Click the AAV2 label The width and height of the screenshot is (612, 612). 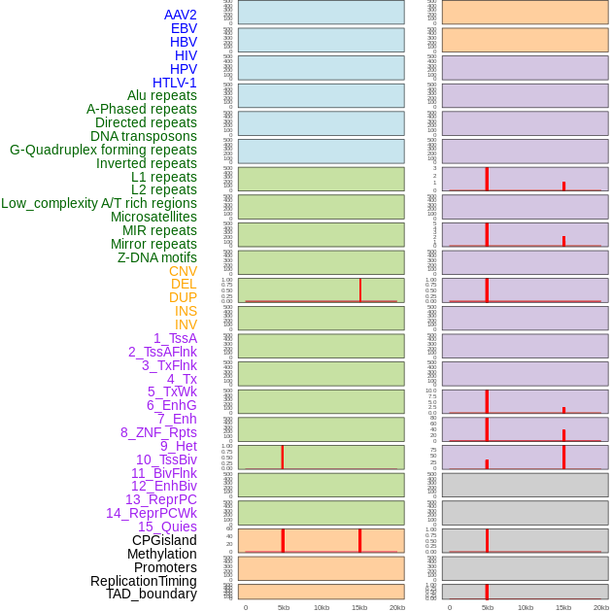point(180,15)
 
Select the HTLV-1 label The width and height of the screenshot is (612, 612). point(174,83)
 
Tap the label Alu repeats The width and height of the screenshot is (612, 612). point(161,95)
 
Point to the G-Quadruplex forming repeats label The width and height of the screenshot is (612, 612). point(103,150)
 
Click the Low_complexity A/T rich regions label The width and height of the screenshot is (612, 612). point(99,203)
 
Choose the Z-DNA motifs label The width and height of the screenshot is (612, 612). point(156,257)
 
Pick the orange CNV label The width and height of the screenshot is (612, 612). point(183,271)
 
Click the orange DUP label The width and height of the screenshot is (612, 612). point(183,297)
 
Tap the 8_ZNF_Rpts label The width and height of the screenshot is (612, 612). point(158,432)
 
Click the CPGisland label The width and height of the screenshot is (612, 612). point(164,540)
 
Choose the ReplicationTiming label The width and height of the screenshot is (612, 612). point(143,581)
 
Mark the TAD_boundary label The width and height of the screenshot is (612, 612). point(152,594)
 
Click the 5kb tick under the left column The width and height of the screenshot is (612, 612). point(284,607)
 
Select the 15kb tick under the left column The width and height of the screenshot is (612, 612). point(359,607)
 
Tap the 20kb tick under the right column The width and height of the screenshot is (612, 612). point(601,607)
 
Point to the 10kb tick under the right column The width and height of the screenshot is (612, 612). point(526,607)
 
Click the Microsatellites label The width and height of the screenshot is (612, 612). point(153,217)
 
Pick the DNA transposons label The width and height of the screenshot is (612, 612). point(144,136)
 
